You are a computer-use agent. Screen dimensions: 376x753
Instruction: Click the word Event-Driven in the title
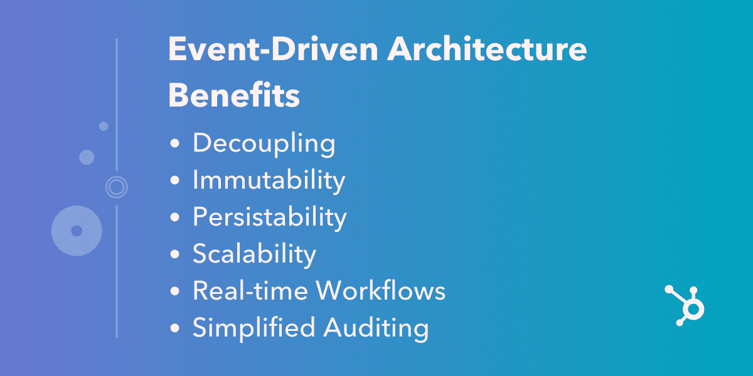pyautogui.click(x=273, y=50)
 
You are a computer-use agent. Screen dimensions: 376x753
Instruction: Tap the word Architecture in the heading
pyautogui.click(x=488, y=50)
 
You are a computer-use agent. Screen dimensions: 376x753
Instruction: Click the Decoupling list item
pyautogui.click(x=264, y=144)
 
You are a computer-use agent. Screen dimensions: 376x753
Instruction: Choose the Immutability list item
pyautogui.click(x=269, y=180)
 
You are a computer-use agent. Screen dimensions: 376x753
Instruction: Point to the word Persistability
pyautogui.click(x=269, y=217)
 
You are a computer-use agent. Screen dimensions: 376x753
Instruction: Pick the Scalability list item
pyautogui.click(x=254, y=254)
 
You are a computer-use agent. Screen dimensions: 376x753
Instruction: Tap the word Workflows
pyautogui.click(x=381, y=291)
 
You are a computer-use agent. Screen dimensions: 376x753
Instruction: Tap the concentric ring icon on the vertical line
pyautogui.click(x=117, y=186)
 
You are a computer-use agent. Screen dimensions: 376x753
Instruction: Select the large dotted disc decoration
pyautogui.click(x=77, y=231)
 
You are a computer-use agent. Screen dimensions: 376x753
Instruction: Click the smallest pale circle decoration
pyautogui.click(x=104, y=126)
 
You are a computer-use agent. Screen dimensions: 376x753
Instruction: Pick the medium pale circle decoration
pyautogui.click(x=87, y=157)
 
